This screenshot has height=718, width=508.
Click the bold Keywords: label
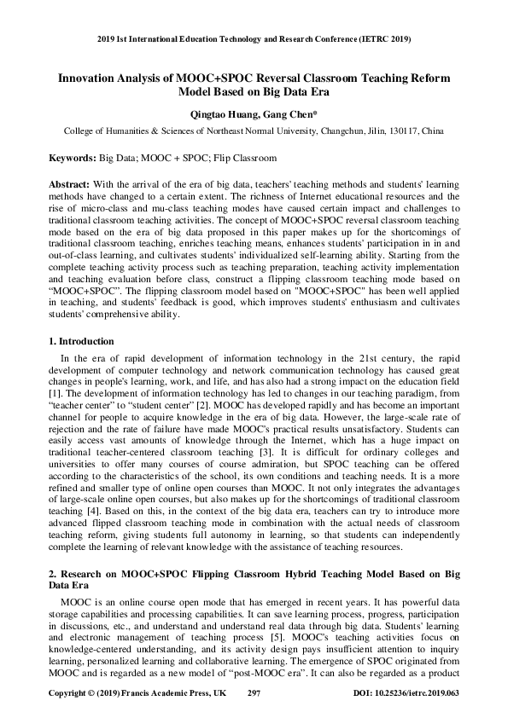coord(72,159)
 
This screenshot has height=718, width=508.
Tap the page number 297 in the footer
coord(254,695)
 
